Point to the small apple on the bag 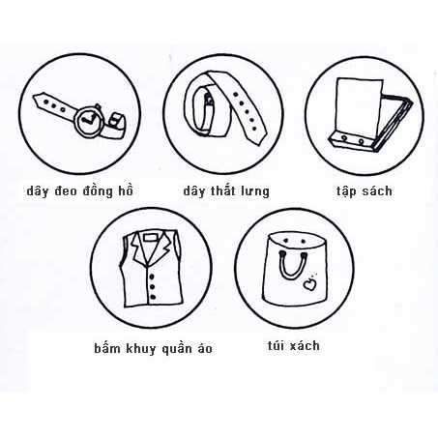tap(309, 284)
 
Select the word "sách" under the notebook tap(376, 190)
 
